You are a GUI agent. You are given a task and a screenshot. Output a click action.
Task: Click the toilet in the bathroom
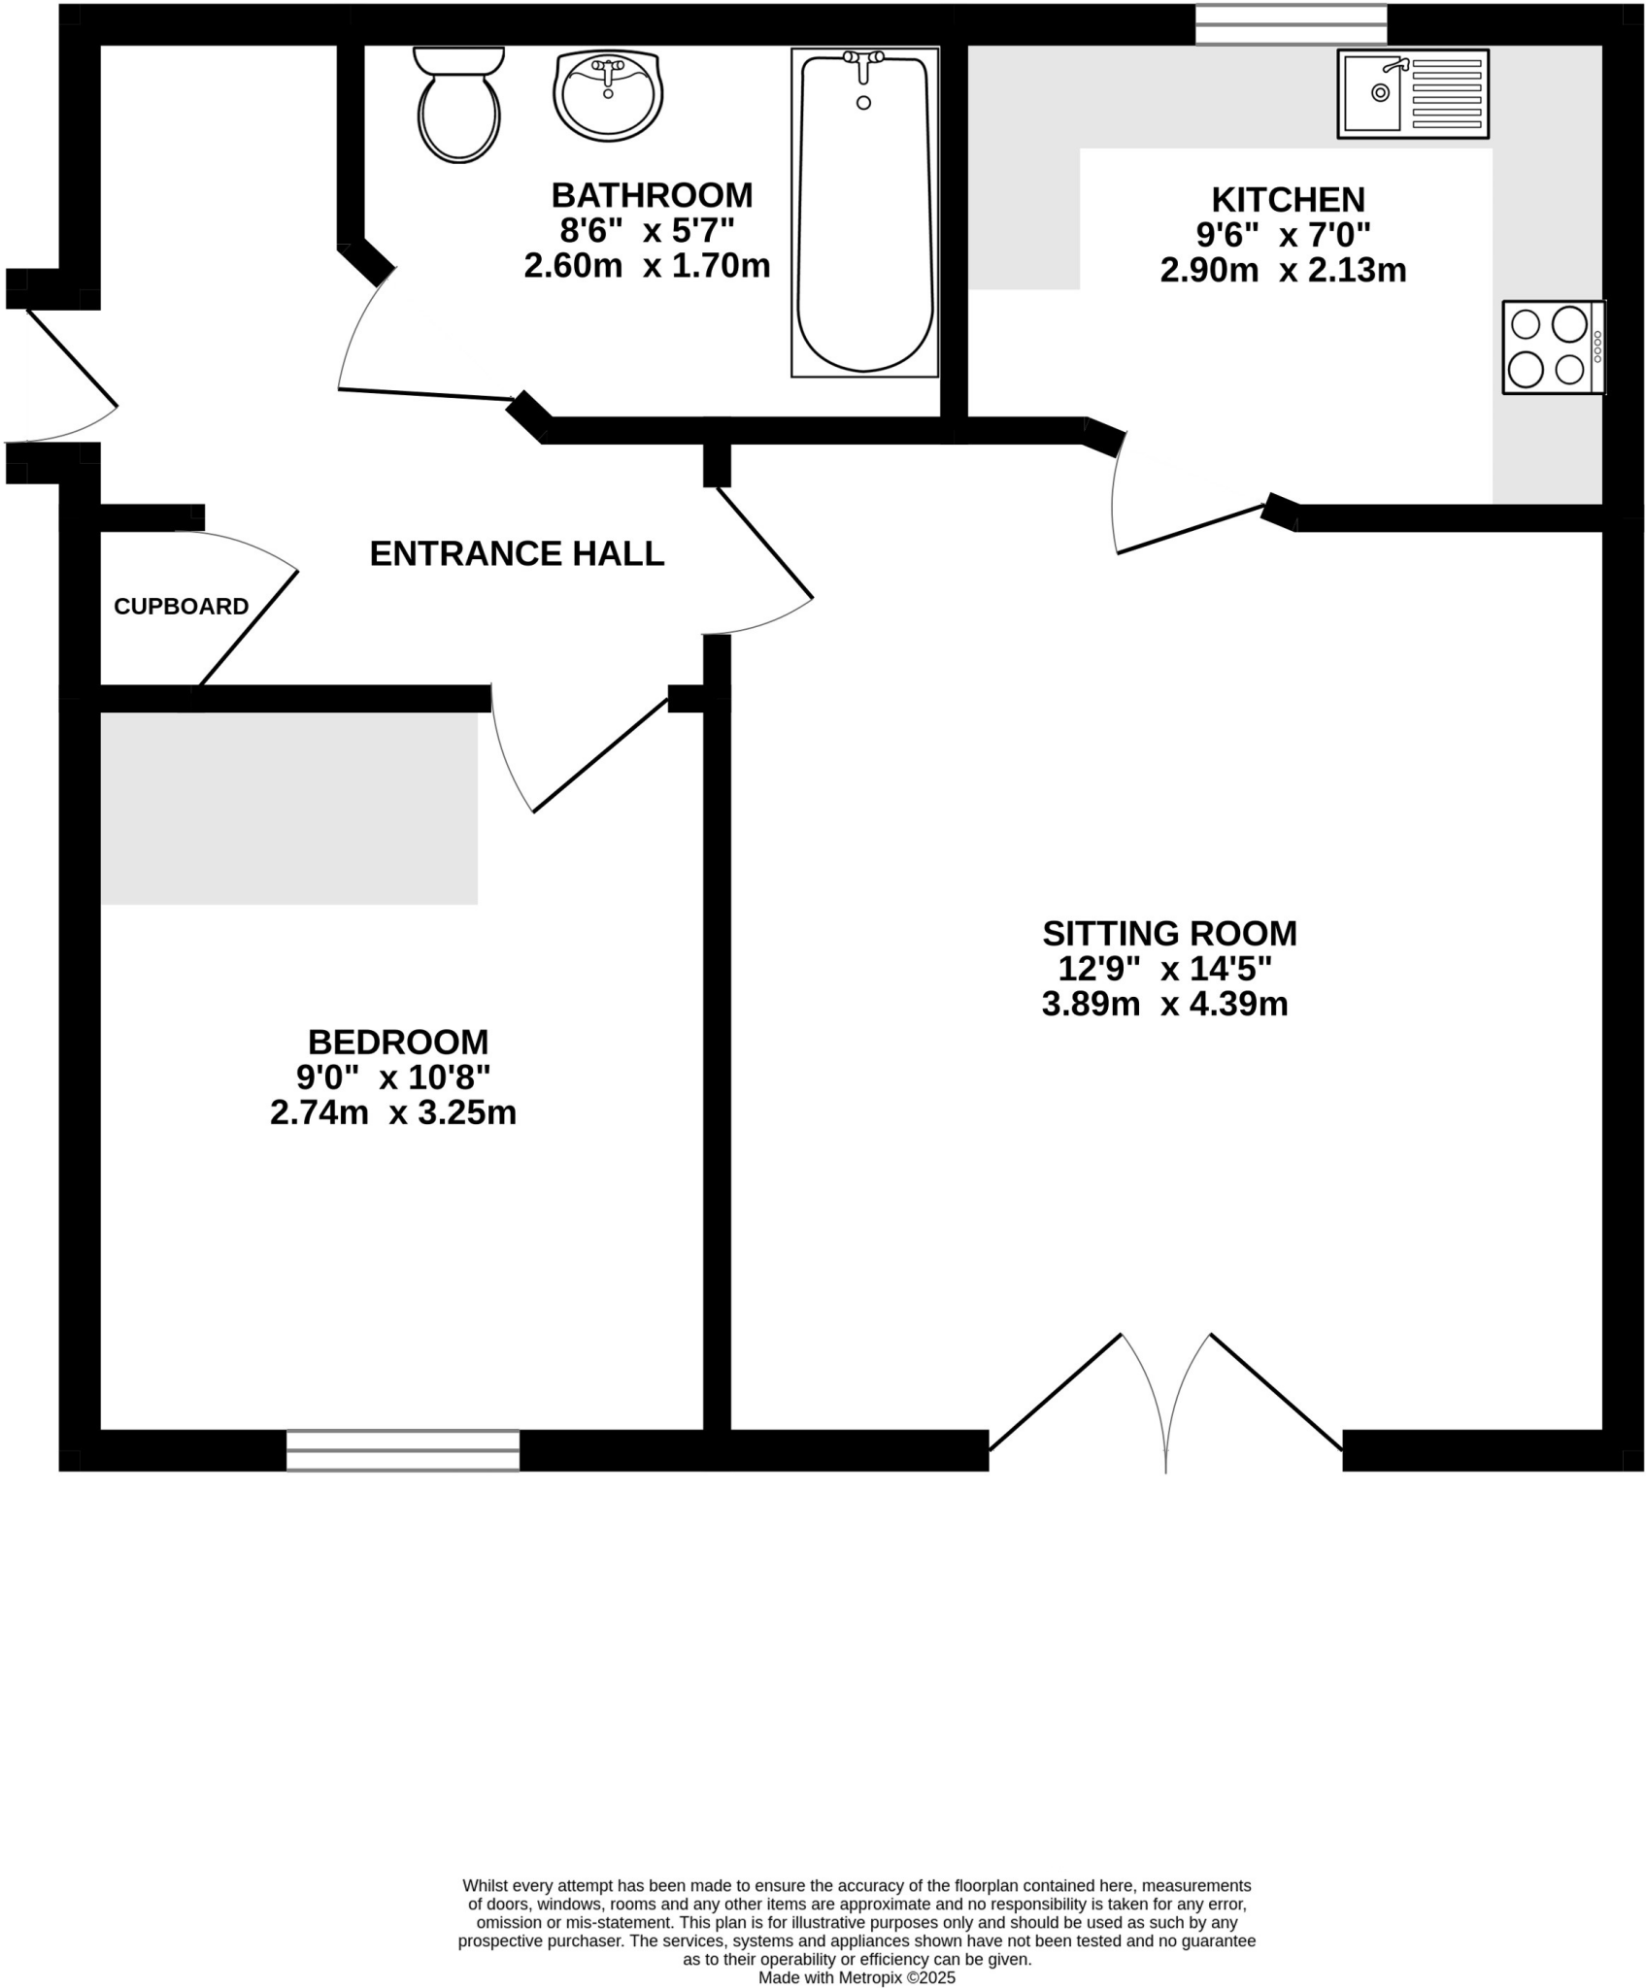click(x=458, y=107)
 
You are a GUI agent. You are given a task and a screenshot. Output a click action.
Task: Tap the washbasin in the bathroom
click(x=608, y=95)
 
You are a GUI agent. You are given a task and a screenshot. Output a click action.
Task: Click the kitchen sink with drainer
click(x=1413, y=93)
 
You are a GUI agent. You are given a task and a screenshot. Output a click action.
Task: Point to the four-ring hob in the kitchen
click(x=1552, y=347)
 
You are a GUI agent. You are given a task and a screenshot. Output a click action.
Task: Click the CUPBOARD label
click(x=181, y=607)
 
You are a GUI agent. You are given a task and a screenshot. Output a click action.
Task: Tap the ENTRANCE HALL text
click(x=517, y=553)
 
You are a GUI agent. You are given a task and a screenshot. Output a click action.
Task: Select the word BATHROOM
click(x=652, y=195)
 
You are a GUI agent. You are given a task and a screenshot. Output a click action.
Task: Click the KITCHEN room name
click(x=1288, y=199)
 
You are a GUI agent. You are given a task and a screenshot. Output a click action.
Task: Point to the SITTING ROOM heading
click(x=1169, y=933)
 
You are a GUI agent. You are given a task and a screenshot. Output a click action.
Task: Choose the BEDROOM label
click(x=397, y=1042)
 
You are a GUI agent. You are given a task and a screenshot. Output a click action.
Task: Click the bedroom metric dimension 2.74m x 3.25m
click(x=392, y=1112)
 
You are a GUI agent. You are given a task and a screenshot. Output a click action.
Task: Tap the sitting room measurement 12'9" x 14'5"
click(x=1164, y=968)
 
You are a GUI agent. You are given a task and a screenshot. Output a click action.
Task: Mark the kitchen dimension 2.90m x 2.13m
click(x=1283, y=270)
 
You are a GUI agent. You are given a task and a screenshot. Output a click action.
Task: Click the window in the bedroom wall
click(x=403, y=1450)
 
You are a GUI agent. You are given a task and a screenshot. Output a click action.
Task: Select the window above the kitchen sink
click(x=1291, y=24)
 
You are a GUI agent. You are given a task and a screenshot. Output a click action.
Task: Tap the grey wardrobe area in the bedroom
click(x=288, y=808)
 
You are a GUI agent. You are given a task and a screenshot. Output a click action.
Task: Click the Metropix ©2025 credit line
click(x=857, y=1977)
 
